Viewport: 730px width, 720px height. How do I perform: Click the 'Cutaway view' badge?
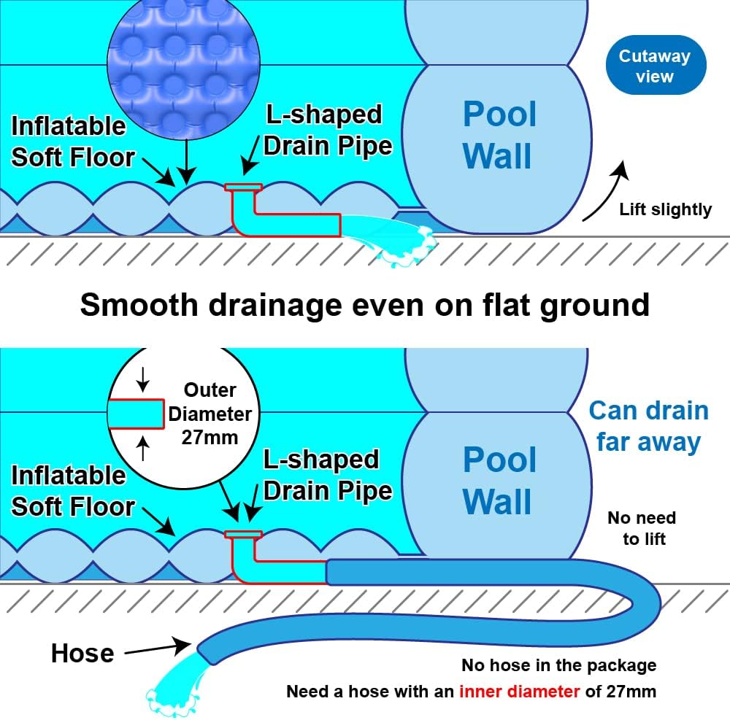[x=655, y=66]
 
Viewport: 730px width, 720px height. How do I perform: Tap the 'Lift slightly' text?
[x=664, y=209]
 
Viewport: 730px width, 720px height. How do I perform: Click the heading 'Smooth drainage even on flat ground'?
[x=364, y=304]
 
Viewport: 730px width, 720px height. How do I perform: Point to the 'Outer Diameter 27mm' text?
[x=210, y=414]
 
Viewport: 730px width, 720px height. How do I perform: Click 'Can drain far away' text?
[x=648, y=426]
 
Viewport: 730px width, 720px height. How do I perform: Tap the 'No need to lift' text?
[x=642, y=528]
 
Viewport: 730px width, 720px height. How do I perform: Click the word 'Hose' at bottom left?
[x=82, y=653]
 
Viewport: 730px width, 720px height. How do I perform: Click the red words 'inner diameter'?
[x=519, y=691]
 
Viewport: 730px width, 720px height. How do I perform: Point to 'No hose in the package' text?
[x=558, y=665]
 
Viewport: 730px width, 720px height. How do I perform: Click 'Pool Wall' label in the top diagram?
[x=499, y=135]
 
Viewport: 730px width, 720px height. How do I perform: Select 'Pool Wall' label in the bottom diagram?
[x=499, y=481]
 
